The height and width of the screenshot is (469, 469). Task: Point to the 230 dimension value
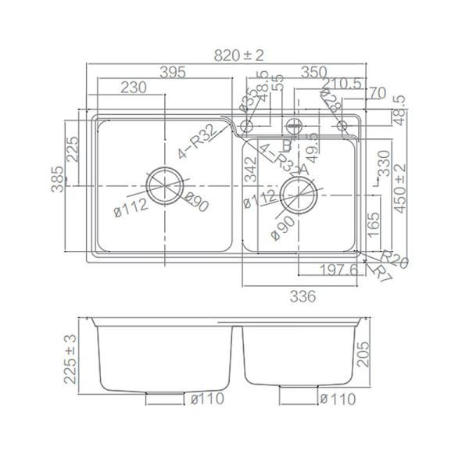[x=134, y=88]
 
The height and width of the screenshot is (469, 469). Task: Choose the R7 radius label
[x=381, y=273]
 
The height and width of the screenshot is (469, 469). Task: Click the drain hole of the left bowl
[x=164, y=187]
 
